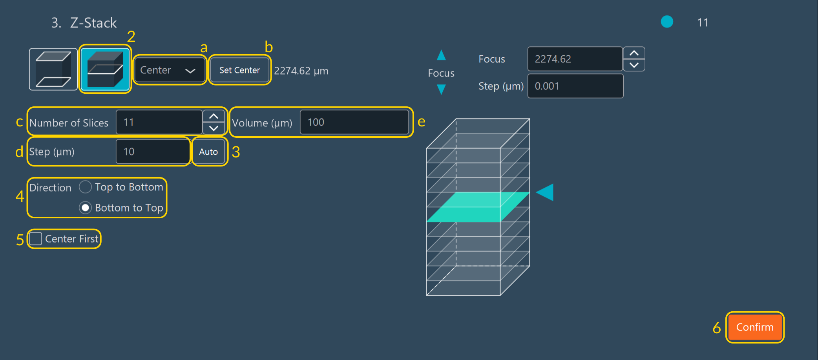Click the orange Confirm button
(x=754, y=327)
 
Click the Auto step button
(x=208, y=152)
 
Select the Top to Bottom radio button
(x=85, y=187)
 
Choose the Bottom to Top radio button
(x=85, y=208)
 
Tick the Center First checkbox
(x=36, y=239)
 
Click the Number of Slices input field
(x=159, y=122)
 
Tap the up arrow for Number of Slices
(x=214, y=116)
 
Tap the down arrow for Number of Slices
(x=214, y=128)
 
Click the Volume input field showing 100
(x=354, y=122)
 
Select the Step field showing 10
(x=153, y=152)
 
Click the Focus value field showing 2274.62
(x=575, y=59)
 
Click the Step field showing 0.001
(x=575, y=86)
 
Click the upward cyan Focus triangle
(x=441, y=55)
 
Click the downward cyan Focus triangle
(x=441, y=90)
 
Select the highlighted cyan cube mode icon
(x=105, y=69)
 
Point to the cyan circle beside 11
(x=667, y=22)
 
